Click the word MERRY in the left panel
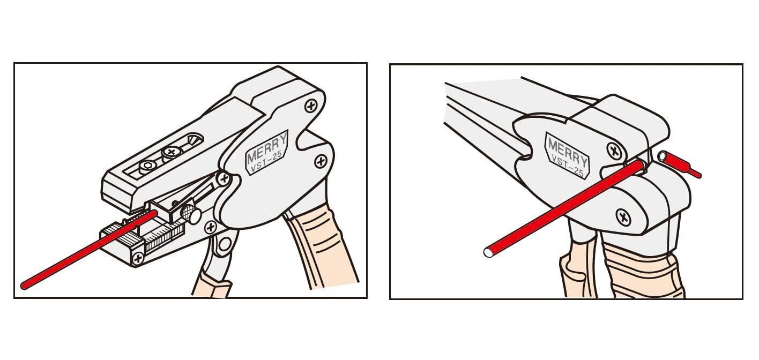coord(267,148)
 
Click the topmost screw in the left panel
coord(311,106)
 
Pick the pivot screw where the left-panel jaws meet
coord(224,178)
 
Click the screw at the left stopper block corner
coord(138,258)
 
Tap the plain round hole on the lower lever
coord(224,244)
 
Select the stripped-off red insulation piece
coord(679,165)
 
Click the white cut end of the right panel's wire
coord(489,253)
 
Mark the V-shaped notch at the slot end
coord(195,139)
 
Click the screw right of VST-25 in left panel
coord(321,162)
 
